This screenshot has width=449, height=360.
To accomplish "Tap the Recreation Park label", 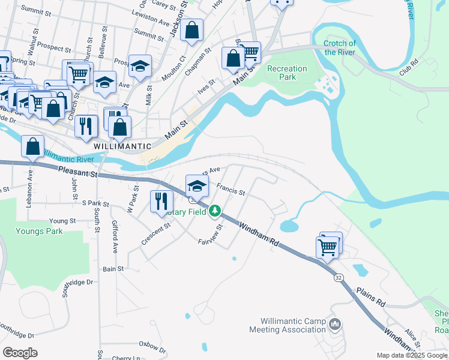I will click(287, 73).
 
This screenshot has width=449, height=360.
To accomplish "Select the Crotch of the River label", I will click(340, 47).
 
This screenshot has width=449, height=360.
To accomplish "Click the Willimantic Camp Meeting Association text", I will click(293, 325).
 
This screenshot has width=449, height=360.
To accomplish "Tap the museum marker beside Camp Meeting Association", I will click(335, 325).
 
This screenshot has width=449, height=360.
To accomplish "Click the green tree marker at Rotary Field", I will click(214, 212).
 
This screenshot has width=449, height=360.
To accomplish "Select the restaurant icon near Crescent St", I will click(160, 201).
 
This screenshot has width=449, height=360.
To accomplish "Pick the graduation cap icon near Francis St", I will click(196, 185).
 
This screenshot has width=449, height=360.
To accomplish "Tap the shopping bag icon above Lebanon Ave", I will click(33, 146).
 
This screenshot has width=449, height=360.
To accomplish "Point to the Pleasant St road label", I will click(78, 173).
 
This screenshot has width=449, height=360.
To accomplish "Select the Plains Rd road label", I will click(370, 297).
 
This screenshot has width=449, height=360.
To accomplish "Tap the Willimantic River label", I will click(67, 159).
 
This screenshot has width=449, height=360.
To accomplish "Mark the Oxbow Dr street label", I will click(151, 347).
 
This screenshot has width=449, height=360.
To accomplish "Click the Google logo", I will click(20, 353).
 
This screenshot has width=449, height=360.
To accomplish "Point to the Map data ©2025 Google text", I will click(411, 355).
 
